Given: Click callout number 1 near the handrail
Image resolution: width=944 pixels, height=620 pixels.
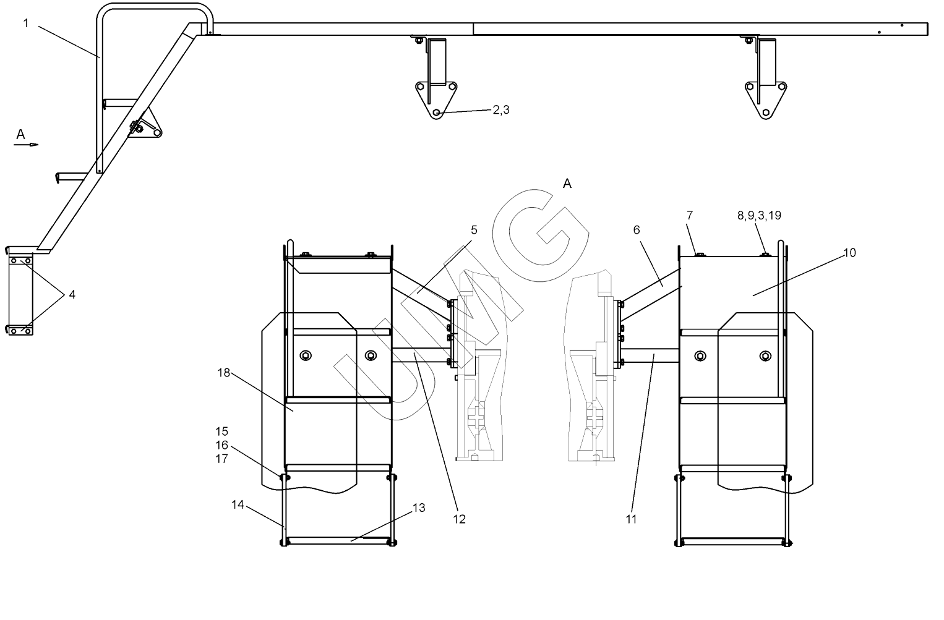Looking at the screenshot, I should point(26,23).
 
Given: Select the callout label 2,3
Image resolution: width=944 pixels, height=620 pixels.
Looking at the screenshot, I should point(501,110).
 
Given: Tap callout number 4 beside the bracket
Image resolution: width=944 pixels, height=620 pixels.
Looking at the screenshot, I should point(72,295).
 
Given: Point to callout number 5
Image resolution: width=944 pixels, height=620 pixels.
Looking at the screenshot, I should point(474,230).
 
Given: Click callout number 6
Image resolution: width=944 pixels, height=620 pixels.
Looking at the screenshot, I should point(637,230).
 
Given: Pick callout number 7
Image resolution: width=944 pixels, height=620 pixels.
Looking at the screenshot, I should point(690,215).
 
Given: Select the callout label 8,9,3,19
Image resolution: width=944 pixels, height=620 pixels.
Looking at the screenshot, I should point(758,216).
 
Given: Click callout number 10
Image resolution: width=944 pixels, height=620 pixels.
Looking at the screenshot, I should point(850,252).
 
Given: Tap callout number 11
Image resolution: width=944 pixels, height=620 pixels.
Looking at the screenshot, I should point(631,519).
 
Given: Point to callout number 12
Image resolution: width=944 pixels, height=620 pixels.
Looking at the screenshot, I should point(459,519).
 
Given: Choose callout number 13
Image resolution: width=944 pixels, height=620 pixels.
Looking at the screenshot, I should point(419,508).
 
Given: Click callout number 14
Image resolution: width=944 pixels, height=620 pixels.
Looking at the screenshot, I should point(238,504).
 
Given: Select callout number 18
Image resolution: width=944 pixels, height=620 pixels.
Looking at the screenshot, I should point(223,372).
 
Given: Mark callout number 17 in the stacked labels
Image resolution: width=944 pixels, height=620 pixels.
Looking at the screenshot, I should point(222,459).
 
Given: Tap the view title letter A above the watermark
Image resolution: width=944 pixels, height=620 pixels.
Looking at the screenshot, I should point(567,184).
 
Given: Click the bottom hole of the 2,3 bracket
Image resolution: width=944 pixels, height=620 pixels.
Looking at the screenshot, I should point(437,113).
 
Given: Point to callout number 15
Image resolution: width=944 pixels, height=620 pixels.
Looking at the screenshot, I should point(222,431).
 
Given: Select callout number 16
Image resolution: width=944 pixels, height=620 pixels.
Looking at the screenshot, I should point(222,445).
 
